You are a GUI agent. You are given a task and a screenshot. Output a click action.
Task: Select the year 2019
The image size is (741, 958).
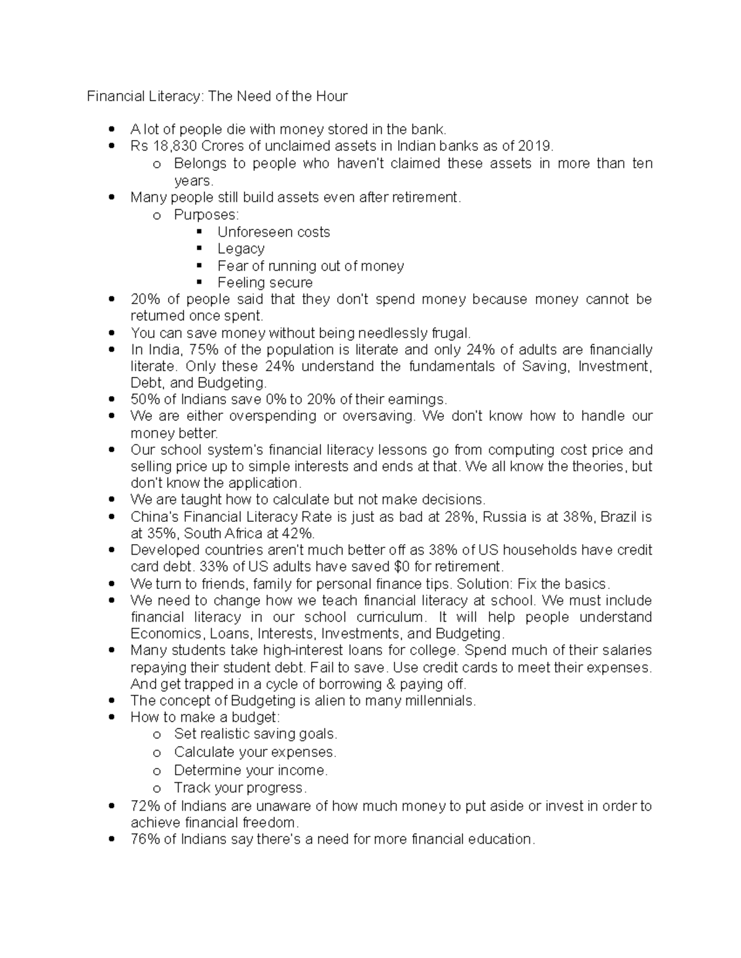point(535,146)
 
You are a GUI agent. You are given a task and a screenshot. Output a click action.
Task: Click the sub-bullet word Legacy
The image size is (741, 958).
point(241,249)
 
